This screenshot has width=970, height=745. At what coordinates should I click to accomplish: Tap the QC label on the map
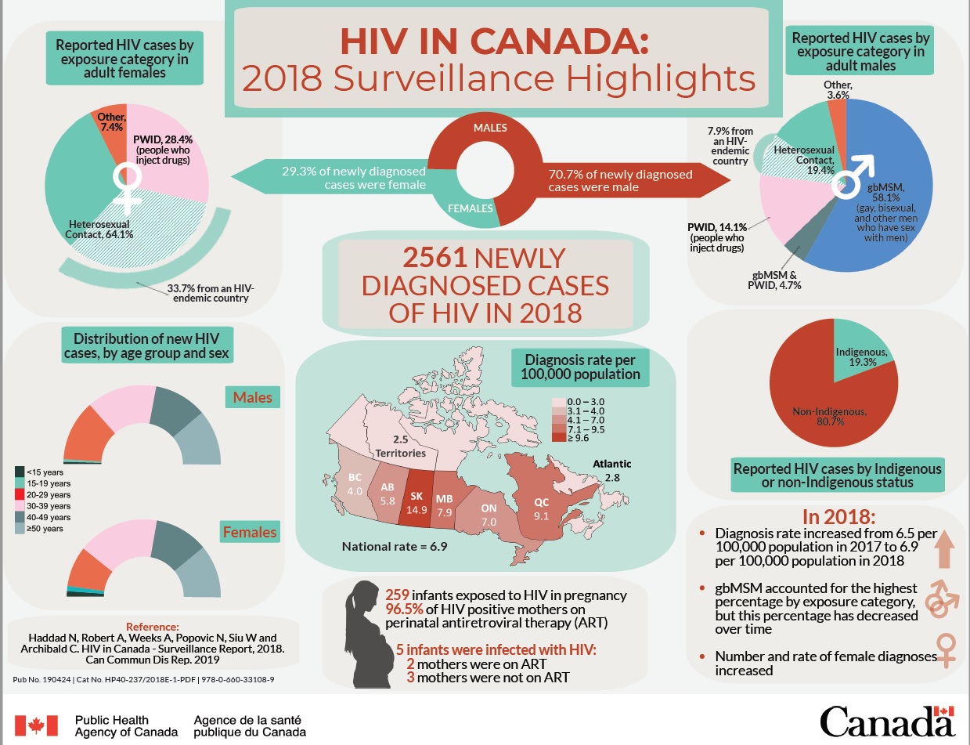point(542,502)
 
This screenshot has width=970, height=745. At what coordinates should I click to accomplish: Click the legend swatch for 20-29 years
point(20,494)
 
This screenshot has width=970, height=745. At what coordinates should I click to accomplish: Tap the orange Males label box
point(254,397)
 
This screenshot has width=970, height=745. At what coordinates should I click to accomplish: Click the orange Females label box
point(251,532)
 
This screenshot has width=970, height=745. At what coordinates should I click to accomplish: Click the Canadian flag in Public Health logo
point(37,725)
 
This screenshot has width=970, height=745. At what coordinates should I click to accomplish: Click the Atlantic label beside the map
point(611,464)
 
